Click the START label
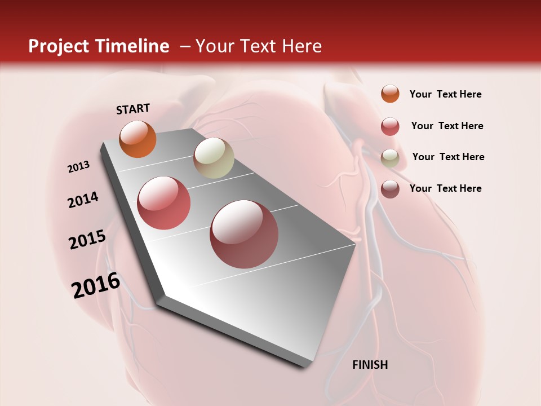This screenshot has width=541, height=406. click(x=133, y=109)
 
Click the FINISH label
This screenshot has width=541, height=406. click(x=370, y=365)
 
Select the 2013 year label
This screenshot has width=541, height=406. click(x=78, y=166)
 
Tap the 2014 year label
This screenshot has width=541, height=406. click(x=83, y=200)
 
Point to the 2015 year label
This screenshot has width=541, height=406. click(x=87, y=240)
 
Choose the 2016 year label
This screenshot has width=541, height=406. click(x=96, y=285)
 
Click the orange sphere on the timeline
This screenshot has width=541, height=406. click(x=138, y=139)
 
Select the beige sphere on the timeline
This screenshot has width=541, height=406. click(x=214, y=158)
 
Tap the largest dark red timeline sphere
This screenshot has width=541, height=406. click(x=244, y=235)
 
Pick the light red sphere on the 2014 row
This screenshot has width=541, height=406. click(x=164, y=203)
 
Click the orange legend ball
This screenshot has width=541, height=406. click(x=390, y=94)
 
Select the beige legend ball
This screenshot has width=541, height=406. click(x=390, y=158)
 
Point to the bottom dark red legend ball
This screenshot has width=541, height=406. click(x=390, y=189)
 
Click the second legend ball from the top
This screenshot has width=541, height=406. click(x=390, y=126)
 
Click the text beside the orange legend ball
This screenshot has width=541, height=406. click(x=445, y=94)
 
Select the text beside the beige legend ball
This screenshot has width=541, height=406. click(x=448, y=157)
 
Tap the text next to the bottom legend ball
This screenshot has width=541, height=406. click(x=445, y=188)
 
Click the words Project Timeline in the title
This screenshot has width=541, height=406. click(x=99, y=46)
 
